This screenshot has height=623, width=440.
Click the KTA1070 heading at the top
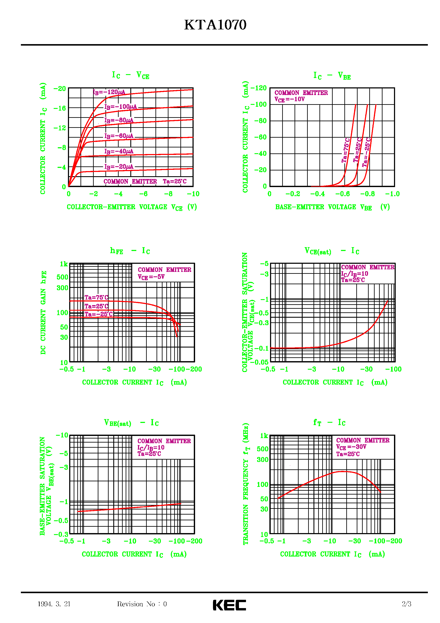pyautogui.click(x=215, y=25)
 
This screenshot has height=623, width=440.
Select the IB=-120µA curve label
pyautogui.click(x=109, y=92)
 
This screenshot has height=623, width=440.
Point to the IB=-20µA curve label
pyautogui.click(x=119, y=167)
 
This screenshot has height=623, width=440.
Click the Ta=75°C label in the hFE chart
pyautogui.click(x=96, y=297)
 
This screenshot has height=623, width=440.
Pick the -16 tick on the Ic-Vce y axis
pyautogui.click(x=60, y=108)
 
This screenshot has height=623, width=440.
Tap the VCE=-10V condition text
pyautogui.click(x=289, y=99)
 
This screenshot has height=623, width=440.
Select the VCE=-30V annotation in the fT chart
pyautogui.click(x=351, y=447)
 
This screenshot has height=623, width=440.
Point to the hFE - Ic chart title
pyautogui.click(x=130, y=251)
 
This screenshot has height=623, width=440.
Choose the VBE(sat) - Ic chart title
pyautogui.click(x=131, y=423)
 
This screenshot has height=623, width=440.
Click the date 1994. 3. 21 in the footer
pyautogui.click(x=54, y=604)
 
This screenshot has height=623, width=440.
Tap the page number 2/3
pyautogui.click(x=406, y=604)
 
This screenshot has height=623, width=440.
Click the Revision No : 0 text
pyautogui.click(x=142, y=604)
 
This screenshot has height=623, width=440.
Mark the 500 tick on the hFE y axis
pyautogui.click(x=62, y=277)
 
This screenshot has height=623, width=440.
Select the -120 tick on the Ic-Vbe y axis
pyautogui.click(x=259, y=88)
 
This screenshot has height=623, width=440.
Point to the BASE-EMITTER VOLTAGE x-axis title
pyautogui.click(x=332, y=207)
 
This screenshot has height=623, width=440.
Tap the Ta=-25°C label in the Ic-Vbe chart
pyautogui.click(x=367, y=152)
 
